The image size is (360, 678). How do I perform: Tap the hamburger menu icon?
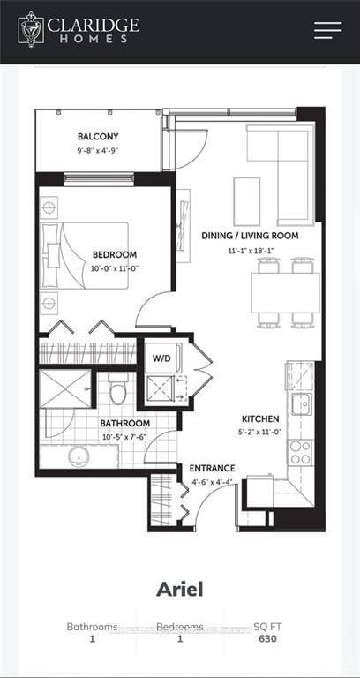tap(327, 30)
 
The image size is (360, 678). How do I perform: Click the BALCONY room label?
tap(98, 137)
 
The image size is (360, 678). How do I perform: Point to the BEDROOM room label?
tap(115, 255)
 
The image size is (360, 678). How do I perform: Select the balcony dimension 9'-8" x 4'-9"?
tap(98, 152)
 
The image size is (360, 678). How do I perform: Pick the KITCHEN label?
tap(260, 418)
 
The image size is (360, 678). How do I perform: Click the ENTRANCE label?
tap(212, 468)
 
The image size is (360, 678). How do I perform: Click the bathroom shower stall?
tap(65, 388)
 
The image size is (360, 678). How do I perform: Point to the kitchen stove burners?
tap(300, 451)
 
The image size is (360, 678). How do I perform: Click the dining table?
tap(285, 293)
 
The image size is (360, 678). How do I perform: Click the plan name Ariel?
tap(179, 588)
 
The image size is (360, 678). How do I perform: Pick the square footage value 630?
tap(266, 639)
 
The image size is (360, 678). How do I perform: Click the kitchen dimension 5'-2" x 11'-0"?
tap(260, 433)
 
